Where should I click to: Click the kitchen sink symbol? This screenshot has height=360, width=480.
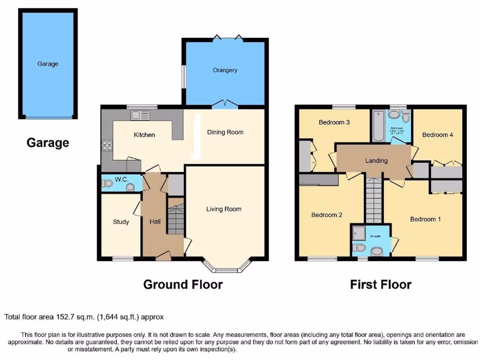[x=141, y=115]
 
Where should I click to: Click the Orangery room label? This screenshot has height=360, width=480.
[x=225, y=70]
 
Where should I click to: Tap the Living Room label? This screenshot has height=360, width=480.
[x=224, y=209]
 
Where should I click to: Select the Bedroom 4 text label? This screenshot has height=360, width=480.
[x=437, y=135]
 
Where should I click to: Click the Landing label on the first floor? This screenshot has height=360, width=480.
[x=376, y=161]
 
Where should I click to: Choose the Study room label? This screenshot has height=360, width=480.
[x=121, y=222]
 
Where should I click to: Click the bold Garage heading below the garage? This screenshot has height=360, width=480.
[x=48, y=142]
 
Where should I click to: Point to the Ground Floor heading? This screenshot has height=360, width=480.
[x=183, y=284]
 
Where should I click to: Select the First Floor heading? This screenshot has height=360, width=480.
[x=381, y=284]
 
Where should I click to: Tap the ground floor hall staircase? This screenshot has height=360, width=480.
[x=176, y=217]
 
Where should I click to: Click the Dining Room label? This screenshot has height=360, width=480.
[x=225, y=132]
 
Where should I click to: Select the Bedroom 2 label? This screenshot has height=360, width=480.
[x=327, y=215]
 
